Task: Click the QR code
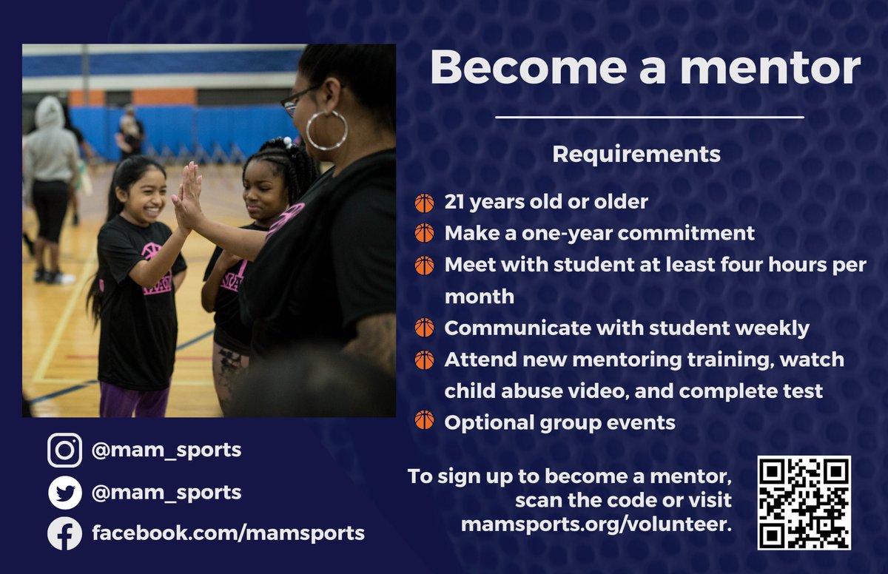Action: [x=804, y=502]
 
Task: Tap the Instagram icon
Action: [x=64, y=450]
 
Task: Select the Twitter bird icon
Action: [x=64, y=493]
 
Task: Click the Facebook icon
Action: [x=64, y=533]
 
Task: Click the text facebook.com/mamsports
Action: [x=228, y=533]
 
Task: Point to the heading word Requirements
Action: [x=636, y=154]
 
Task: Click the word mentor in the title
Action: [x=770, y=69]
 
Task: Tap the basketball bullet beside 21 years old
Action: [x=424, y=203]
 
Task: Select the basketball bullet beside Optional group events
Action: [x=424, y=422]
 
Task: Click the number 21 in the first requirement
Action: [x=455, y=202]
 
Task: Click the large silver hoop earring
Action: [x=326, y=131]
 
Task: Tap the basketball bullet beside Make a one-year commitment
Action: [x=424, y=234]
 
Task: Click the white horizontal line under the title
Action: [x=648, y=117]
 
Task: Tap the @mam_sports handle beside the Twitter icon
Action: [x=166, y=492]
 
